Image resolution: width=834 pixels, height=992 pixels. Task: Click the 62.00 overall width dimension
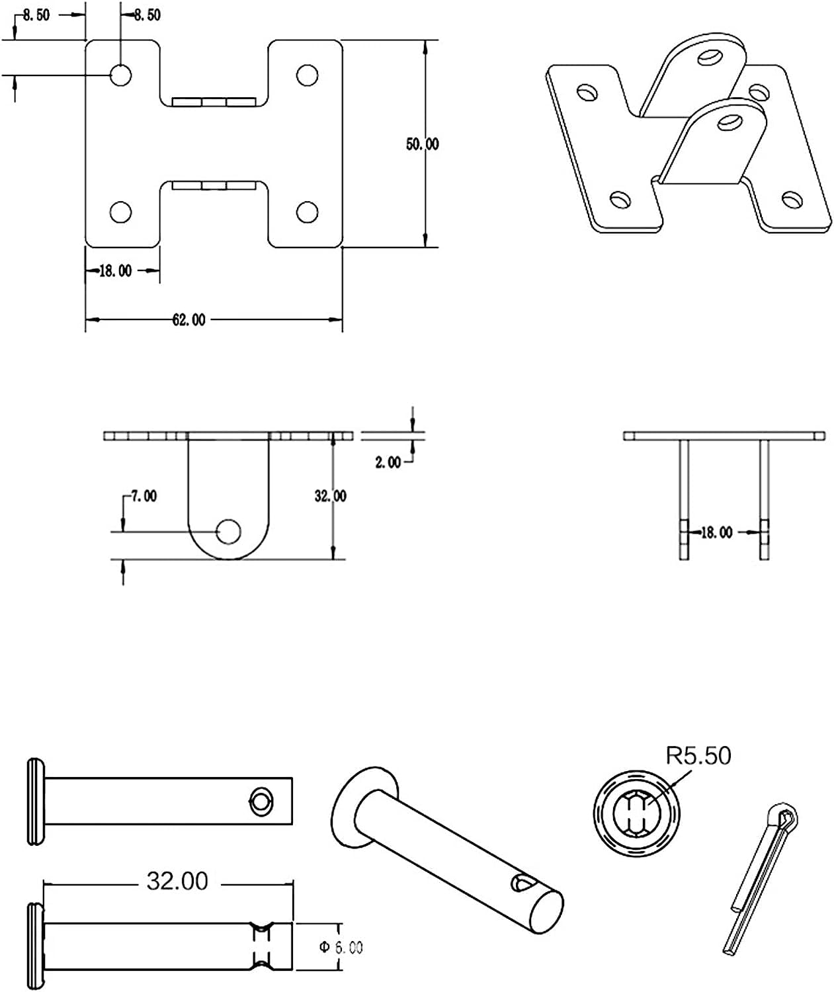click(188, 320)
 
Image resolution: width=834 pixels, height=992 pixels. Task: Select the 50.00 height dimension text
click(422, 144)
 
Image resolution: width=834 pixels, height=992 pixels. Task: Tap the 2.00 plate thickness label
click(388, 462)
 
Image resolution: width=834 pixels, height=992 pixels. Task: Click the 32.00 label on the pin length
click(177, 881)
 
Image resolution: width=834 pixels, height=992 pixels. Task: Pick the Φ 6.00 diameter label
click(341, 947)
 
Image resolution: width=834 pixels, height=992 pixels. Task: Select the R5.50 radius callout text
click(698, 755)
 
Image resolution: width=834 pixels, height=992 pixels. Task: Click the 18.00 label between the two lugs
click(716, 532)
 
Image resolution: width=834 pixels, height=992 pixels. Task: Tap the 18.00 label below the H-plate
click(115, 270)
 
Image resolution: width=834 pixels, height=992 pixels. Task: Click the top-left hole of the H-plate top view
click(120, 75)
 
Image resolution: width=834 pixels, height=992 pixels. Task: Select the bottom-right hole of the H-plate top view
click(307, 212)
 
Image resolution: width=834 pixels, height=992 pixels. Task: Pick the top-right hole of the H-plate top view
click(307, 75)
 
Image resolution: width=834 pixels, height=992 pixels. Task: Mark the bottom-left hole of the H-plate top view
click(120, 212)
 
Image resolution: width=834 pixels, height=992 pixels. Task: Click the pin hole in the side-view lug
click(229, 531)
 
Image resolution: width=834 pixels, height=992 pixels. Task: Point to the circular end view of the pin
click(635, 812)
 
